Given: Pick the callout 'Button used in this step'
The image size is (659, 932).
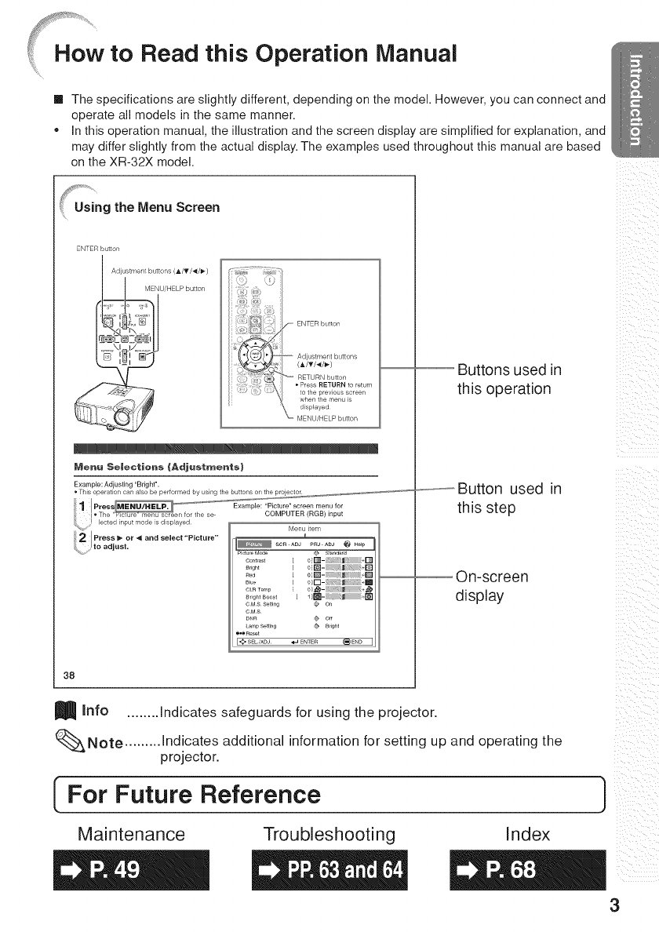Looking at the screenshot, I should click(508, 498).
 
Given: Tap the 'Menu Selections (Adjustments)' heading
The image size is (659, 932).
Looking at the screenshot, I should click(139, 468).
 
